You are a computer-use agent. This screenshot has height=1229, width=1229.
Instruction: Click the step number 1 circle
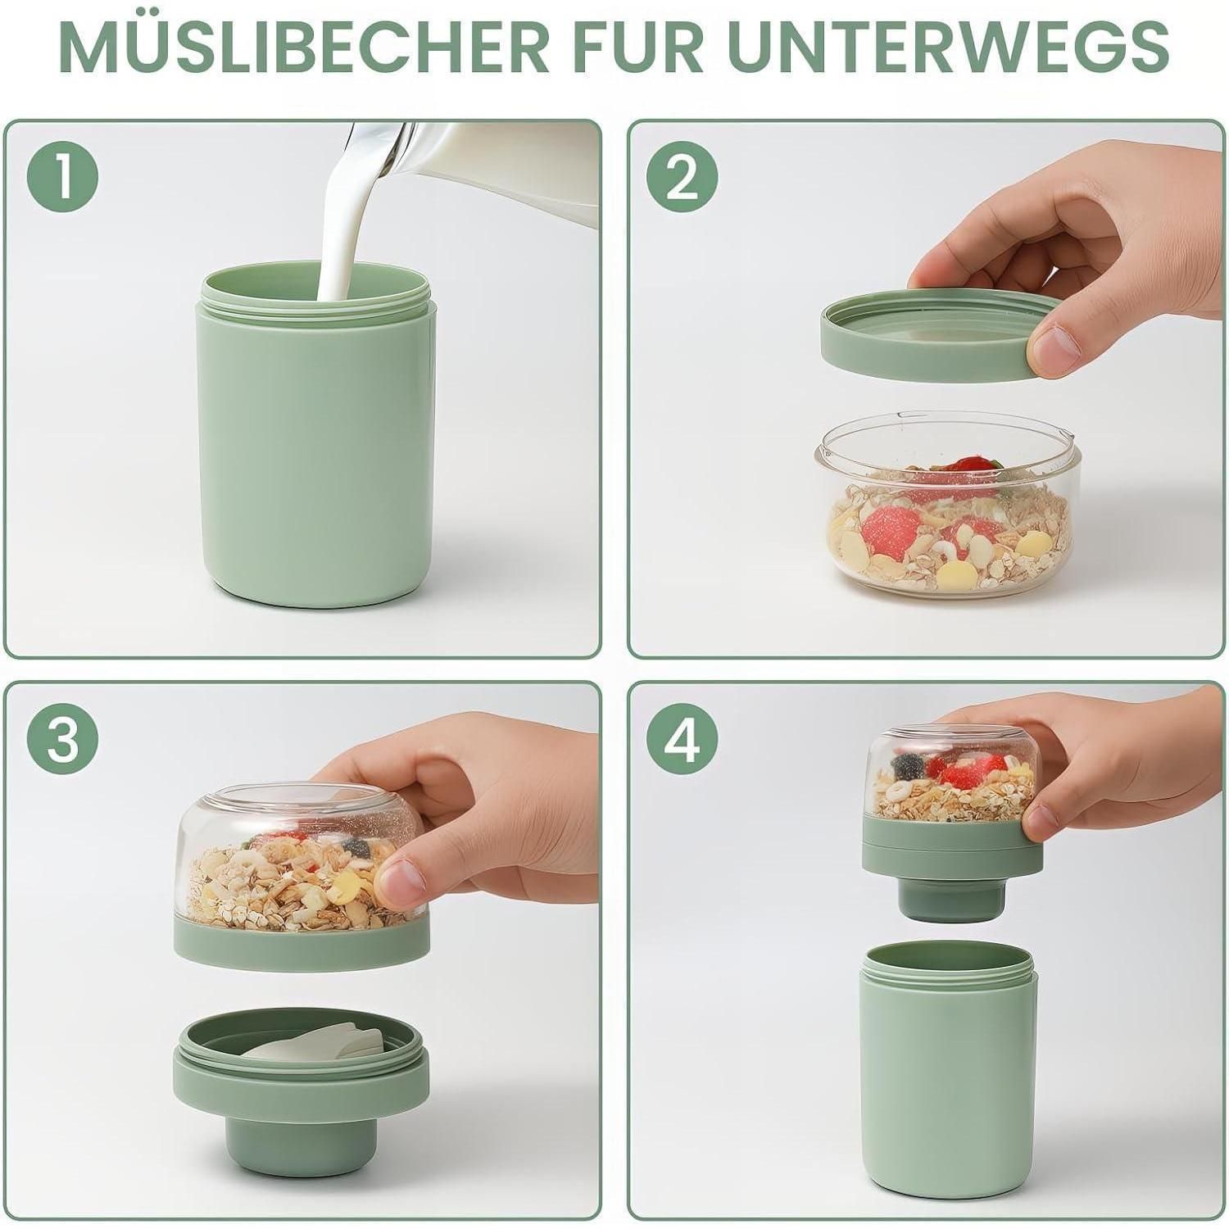(63, 177)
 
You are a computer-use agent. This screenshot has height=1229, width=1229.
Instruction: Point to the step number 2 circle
(682, 177)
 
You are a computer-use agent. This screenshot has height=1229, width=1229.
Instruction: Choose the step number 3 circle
(63, 741)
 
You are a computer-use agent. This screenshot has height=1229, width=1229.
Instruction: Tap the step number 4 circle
(682, 741)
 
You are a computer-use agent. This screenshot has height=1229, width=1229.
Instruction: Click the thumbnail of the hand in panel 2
(1051, 350)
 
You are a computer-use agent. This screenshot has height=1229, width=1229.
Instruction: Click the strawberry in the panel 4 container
(972, 770)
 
